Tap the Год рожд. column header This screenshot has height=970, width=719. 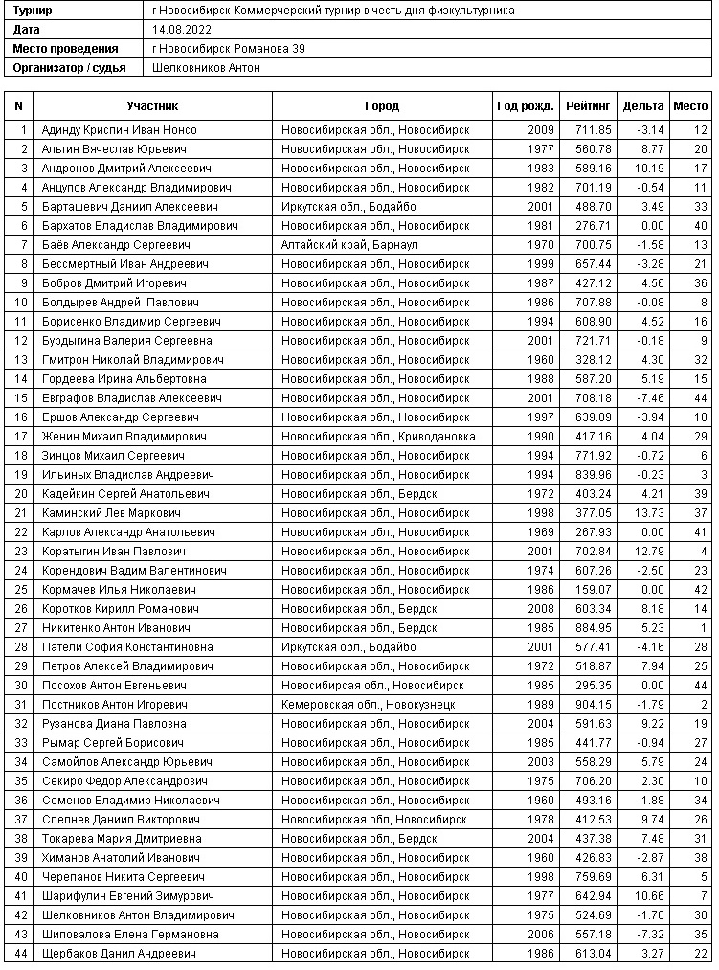[x=525, y=106]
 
